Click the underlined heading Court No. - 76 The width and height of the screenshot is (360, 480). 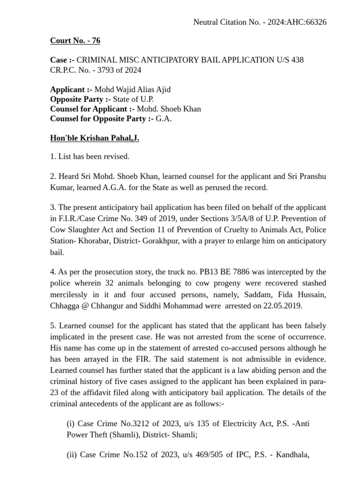(75, 41)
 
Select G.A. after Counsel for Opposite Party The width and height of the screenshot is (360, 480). (164, 119)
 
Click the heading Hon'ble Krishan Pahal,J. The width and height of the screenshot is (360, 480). (94, 138)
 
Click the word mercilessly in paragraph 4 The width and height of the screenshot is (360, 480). (70, 294)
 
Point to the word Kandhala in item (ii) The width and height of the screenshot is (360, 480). (292, 454)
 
